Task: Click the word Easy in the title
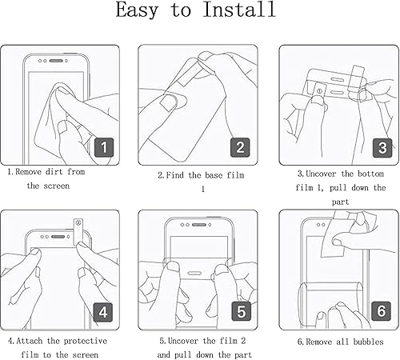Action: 145,11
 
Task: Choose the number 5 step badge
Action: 241,310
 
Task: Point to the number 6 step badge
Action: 381,310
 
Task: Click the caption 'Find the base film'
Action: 200,174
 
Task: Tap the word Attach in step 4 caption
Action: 35,342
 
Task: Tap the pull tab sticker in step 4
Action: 78,227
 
